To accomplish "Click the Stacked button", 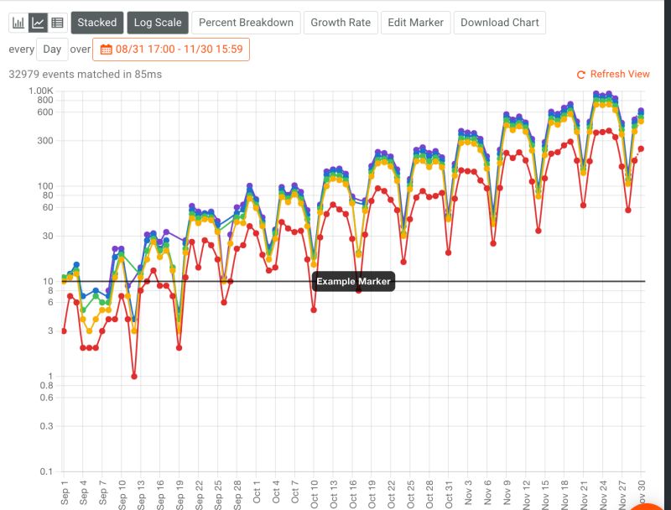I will [x=97, y=23].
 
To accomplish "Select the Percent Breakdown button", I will [x=246, y=23].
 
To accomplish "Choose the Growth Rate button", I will [x=341, y=23].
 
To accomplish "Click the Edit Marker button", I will [x=415, y=23].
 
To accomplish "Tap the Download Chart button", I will [x=500, y=23].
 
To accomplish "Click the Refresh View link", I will [x=614, y=75].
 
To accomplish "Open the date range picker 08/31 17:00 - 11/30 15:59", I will [x=171, y=49].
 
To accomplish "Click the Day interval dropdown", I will [x=52, y=49].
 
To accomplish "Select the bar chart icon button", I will [x=18, y=23].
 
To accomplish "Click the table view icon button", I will [x=57, y=23].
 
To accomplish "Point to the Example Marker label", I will [x=353, y=282].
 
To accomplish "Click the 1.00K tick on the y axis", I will [x=41, y=91].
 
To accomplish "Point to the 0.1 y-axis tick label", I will [x=47, y=471].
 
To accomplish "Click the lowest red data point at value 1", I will [x=134, y=377].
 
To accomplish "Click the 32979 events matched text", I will [x=85, y=75].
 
